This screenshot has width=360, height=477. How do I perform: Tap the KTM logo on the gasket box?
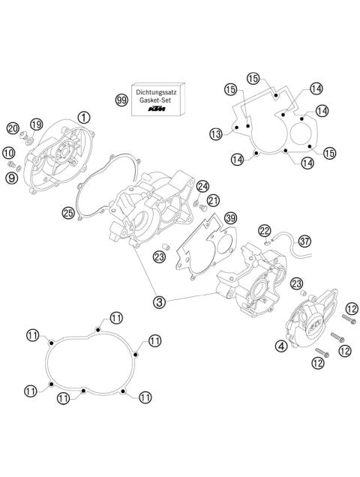coord(156,111)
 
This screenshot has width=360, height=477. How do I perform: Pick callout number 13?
coord(216,134)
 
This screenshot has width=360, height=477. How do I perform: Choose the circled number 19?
coord(36,124)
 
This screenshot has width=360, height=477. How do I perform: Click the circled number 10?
coord(16,162)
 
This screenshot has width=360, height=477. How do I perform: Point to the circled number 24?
coord(203,186)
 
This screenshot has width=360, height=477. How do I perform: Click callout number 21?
coord(214,200)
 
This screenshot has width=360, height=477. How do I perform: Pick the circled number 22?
coord(264,229)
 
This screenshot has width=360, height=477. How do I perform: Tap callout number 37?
coord(304,241)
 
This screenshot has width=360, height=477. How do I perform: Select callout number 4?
coord(280,346)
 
